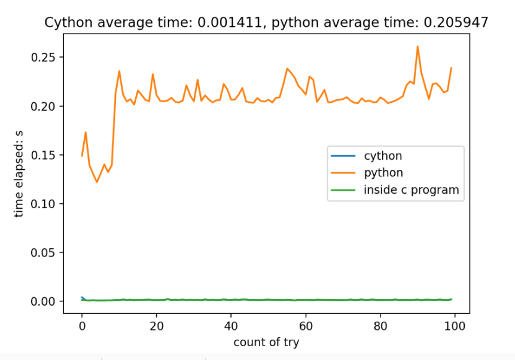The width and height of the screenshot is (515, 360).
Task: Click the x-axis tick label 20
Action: tap(156, 326)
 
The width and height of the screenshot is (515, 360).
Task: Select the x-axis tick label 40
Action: tap(231, 326)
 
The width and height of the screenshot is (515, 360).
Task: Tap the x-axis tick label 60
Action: tap(306, 326)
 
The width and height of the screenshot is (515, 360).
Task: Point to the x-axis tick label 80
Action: tap(380, 326)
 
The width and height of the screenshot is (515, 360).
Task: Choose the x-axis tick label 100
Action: tap(455, 326)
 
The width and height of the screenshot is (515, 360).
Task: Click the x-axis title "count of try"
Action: tap(266, 343)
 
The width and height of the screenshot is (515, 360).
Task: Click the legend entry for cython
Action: tap(383, 156)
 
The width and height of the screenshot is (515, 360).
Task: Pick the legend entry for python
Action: tap(383, 173)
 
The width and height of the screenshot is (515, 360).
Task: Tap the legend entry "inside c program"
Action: tap(411, 190)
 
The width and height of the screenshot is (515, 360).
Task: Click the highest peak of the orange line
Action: tap(418, 47)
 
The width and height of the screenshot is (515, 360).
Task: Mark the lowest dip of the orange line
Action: tap(97, 182)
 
